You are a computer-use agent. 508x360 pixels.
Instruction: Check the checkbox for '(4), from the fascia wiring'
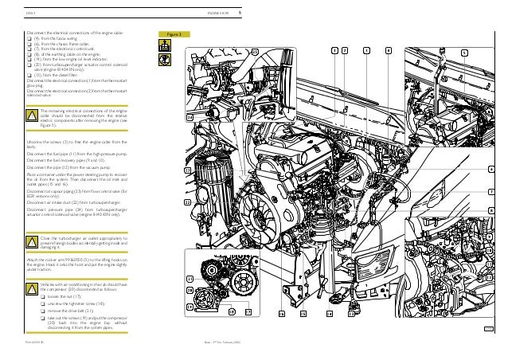point(29,37)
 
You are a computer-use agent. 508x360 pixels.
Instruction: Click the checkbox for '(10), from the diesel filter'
point(29,75)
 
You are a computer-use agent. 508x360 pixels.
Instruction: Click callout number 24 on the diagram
point(189,115)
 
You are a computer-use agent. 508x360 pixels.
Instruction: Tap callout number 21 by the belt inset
point(189,278)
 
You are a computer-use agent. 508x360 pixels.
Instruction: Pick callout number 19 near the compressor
point(189,306)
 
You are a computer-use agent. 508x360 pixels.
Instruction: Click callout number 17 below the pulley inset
point(248,313)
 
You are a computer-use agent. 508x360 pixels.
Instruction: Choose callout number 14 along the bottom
point(328,313)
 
